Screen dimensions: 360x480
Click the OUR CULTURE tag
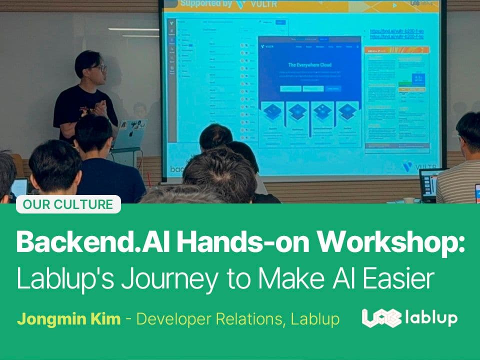point(68,204)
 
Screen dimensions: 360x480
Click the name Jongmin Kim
point(68,319)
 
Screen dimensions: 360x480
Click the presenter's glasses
point(99,67)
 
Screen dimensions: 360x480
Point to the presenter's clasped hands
point(100,107)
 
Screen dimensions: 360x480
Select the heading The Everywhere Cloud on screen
point(309,65)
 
